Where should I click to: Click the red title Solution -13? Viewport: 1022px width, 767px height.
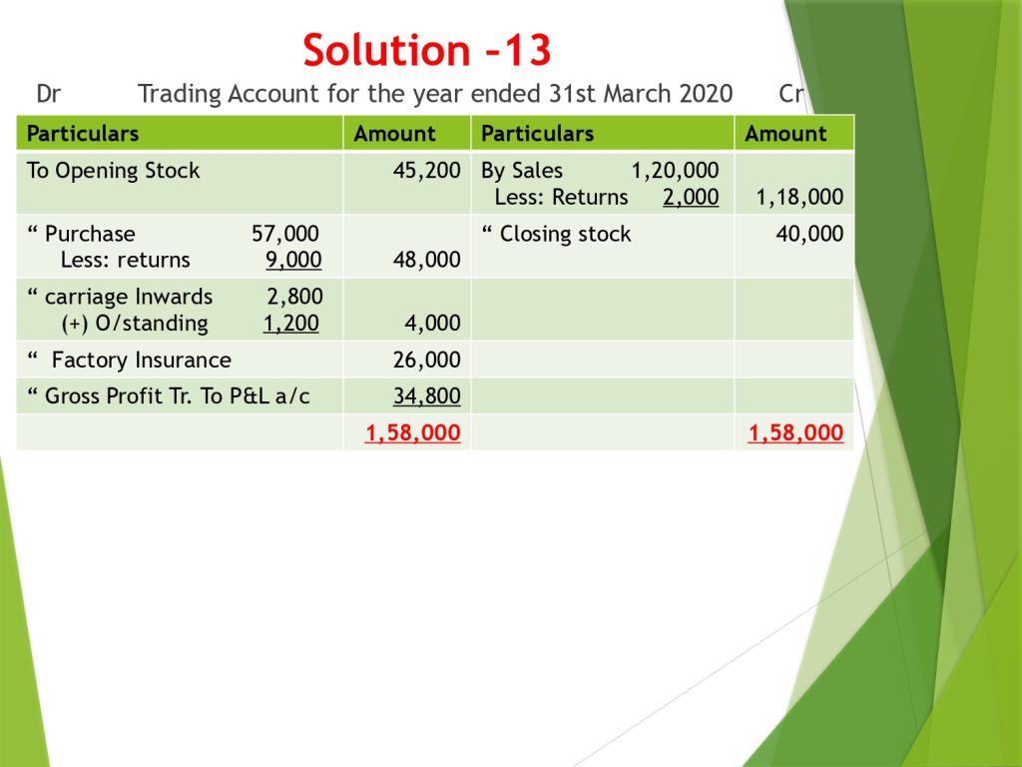click(427, 50)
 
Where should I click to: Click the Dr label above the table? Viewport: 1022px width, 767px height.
click(48, 94)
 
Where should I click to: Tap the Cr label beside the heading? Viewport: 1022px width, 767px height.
click(790, 94)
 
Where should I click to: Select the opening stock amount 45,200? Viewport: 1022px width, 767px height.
click(426, 171)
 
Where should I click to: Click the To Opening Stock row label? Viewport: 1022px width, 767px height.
click(113, 171)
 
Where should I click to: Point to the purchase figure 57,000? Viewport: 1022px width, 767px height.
click(284, 234)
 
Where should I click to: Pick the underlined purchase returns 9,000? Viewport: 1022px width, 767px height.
click(293, 260)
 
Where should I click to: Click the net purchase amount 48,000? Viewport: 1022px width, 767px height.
click(426, 260)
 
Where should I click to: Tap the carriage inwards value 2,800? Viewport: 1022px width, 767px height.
click(294, 297)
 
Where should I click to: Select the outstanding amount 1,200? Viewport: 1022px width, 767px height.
click(290, 323)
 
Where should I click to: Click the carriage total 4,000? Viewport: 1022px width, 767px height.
click(432, 323)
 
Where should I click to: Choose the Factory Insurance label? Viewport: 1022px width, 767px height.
click(142, 360)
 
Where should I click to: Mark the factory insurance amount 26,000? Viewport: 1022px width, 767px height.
click(426, 360)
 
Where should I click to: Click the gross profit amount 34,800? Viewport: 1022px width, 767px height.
click(426, 395)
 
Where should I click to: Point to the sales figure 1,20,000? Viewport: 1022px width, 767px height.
click(675, 171)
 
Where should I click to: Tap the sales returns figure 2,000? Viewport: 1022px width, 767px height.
click(691, 197)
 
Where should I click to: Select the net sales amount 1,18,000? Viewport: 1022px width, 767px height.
click(799, 197)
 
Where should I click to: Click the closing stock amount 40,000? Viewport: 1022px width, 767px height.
click(809, 234)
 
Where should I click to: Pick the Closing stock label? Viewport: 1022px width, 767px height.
click(565, 234)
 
